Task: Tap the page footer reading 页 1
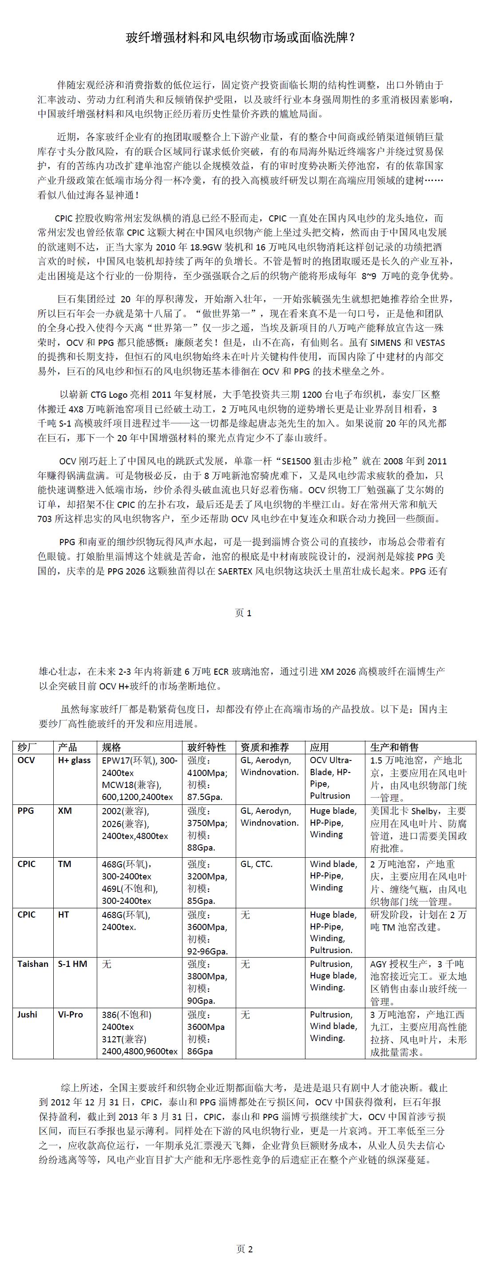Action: (x=243, y=613)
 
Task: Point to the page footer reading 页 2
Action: (x=245, y=1249)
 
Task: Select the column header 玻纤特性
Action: (x=206, y=748)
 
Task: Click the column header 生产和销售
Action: (x=394, y=748)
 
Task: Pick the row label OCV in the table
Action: (x=26, y=760)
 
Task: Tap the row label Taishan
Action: (x=33, y=964)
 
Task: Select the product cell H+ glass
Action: (x=74, y=760)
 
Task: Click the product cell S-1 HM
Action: (x=72, y=964)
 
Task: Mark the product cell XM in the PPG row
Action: (x=65, y=811)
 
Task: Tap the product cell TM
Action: (x=64, y=864)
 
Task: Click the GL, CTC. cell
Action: (x=257, y=864)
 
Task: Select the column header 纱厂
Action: (x=27, y=748)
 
